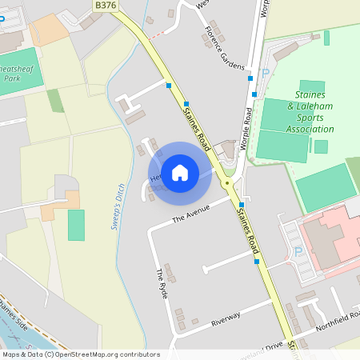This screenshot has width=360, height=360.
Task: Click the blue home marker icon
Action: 180,172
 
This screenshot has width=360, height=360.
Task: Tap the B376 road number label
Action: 104,5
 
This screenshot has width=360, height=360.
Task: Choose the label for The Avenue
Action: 190,214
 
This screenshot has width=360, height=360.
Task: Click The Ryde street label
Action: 162,284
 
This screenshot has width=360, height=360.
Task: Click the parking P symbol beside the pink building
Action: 298,251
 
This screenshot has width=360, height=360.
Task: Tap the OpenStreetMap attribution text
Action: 81,354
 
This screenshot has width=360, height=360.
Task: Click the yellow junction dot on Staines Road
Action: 227,183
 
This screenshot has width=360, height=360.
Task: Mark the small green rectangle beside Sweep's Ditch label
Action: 76,225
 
